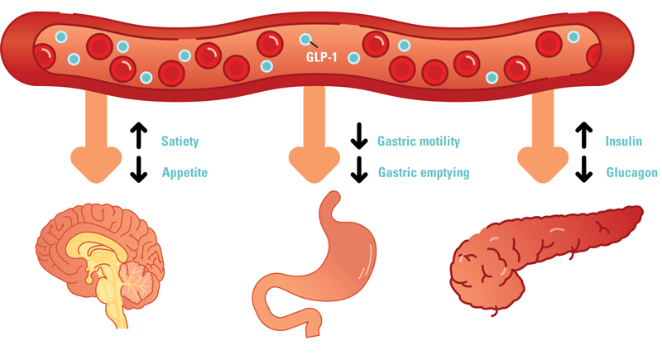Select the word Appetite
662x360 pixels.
click(x=185, y=173)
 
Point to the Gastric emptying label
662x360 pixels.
click(x=424, y=173)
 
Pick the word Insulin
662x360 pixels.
click(x=623, y=142)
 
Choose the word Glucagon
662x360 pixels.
click(x=631, y=173)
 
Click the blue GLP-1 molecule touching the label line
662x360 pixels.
click(x=305, y=39)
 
